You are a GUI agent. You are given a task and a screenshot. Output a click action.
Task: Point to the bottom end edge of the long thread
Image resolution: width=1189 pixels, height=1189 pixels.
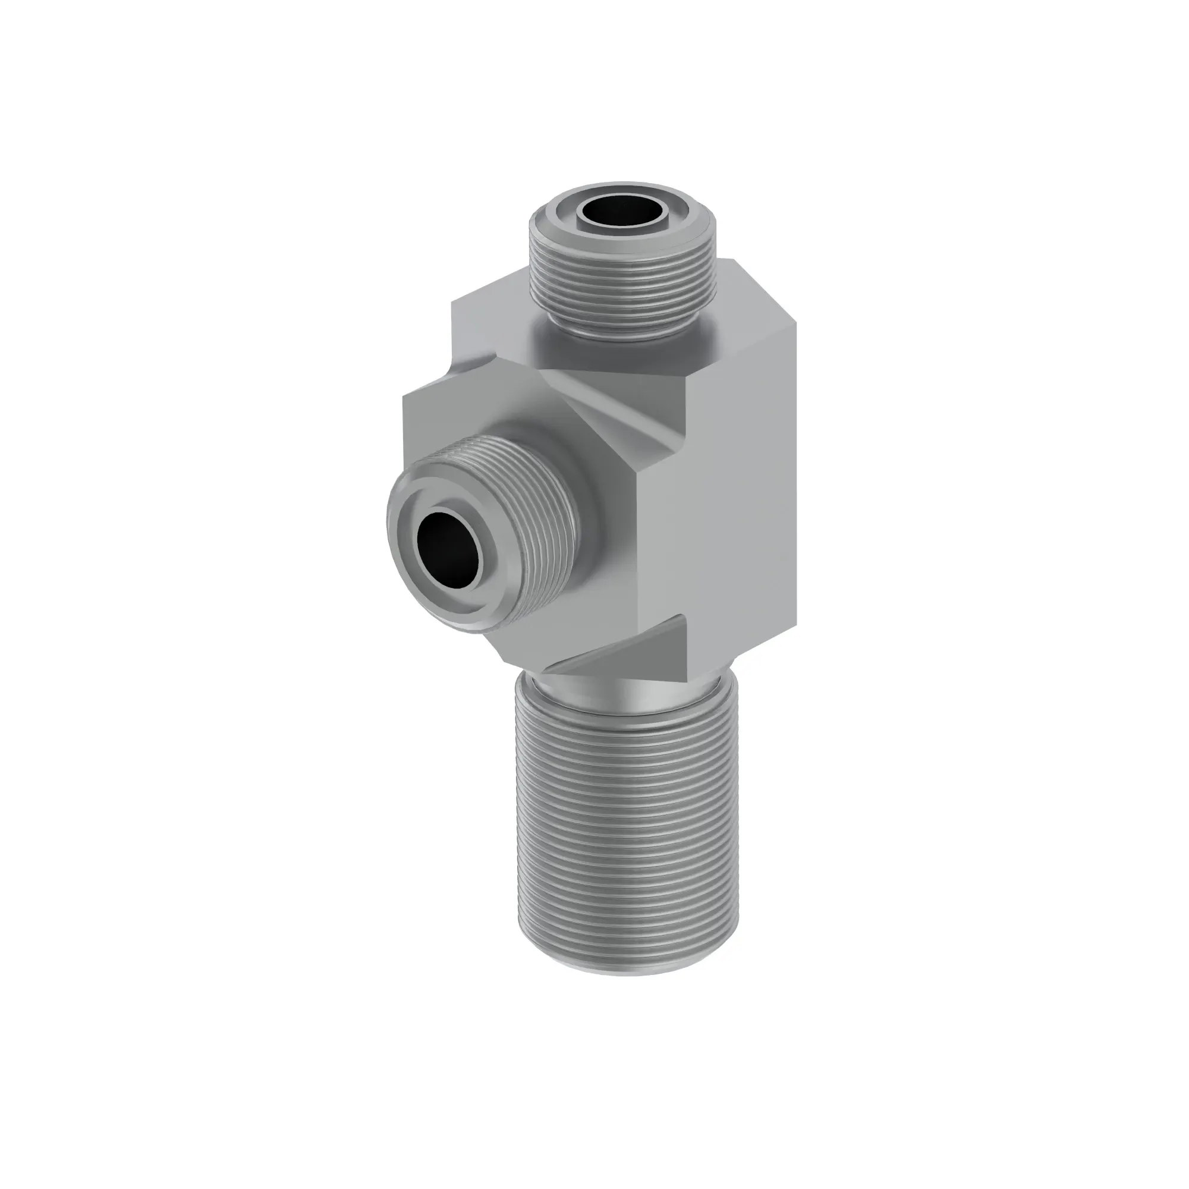click(x=624, y=973)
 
